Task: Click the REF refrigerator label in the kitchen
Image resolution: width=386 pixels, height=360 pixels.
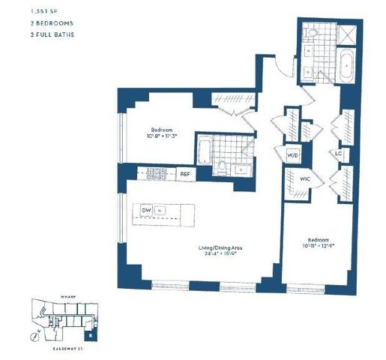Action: coord(186,174)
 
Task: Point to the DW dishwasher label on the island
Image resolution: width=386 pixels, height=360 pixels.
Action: coord(146,211)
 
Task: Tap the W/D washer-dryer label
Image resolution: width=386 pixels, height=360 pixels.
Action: coord(292,156)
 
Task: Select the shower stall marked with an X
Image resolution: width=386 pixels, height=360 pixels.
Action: coord(347,33)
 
